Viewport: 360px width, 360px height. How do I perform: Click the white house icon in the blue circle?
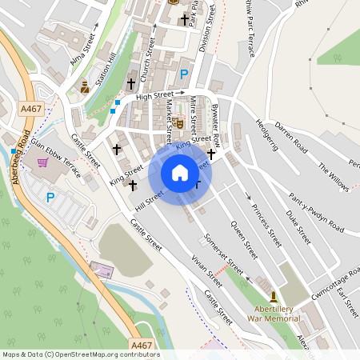pyautogui.click(x=180, y=173)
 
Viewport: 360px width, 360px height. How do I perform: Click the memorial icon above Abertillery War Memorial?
pyautogui.click(x=274, y=296)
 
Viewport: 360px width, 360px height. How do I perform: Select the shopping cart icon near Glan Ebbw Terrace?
pyautogui.click(x=42, y=162)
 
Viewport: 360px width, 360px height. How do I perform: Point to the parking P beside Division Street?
pyautogui.click(x=184, y=74)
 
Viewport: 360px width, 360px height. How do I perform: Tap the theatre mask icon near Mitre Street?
pyautogui.click(x=181, y=124)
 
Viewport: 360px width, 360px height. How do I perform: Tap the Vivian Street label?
pyautogui.click(x=206, y=273)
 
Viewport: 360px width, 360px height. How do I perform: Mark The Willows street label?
pyautogui.click(x=334, y=178)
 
